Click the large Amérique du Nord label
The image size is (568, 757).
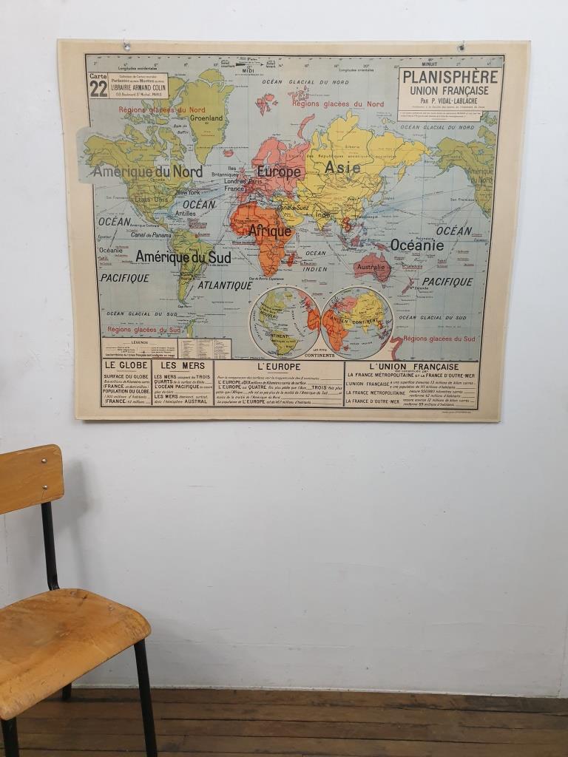[147, 172]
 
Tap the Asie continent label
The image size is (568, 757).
[343, 168]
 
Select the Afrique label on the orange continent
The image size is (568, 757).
[269, 231]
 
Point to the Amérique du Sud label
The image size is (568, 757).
[183, 257]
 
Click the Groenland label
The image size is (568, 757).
[206, 118]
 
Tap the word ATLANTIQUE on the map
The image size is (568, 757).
[225, 285]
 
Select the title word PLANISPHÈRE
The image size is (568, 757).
[450, 78]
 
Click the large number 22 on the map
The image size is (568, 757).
[98, 89]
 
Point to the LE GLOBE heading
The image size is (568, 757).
[126, 365]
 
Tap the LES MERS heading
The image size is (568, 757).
[183, 365]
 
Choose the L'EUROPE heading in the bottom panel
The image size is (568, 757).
[279, 367]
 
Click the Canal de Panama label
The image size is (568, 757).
[151, 235]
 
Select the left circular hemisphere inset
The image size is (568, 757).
[285, 322]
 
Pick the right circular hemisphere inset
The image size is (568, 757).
[356, 322]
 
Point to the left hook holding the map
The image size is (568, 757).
[126, 47]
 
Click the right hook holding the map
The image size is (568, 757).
[461, 47]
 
